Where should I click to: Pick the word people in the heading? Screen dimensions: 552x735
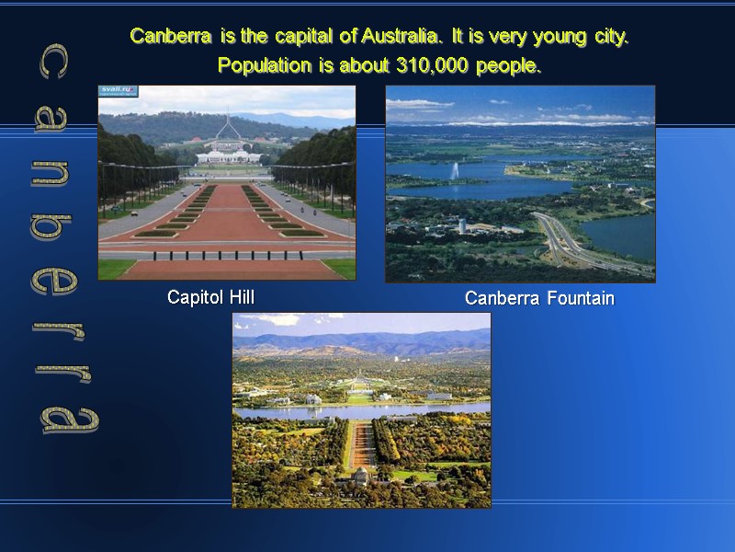pos(509,67)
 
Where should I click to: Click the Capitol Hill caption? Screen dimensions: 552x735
pos(210,297)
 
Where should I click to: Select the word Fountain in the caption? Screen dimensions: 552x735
pos(579,298)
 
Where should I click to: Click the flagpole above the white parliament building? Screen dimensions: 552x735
pos(226,129)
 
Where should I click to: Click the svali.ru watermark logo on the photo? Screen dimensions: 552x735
pos(119,91)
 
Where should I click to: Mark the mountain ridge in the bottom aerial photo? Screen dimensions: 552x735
pos(367,341)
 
